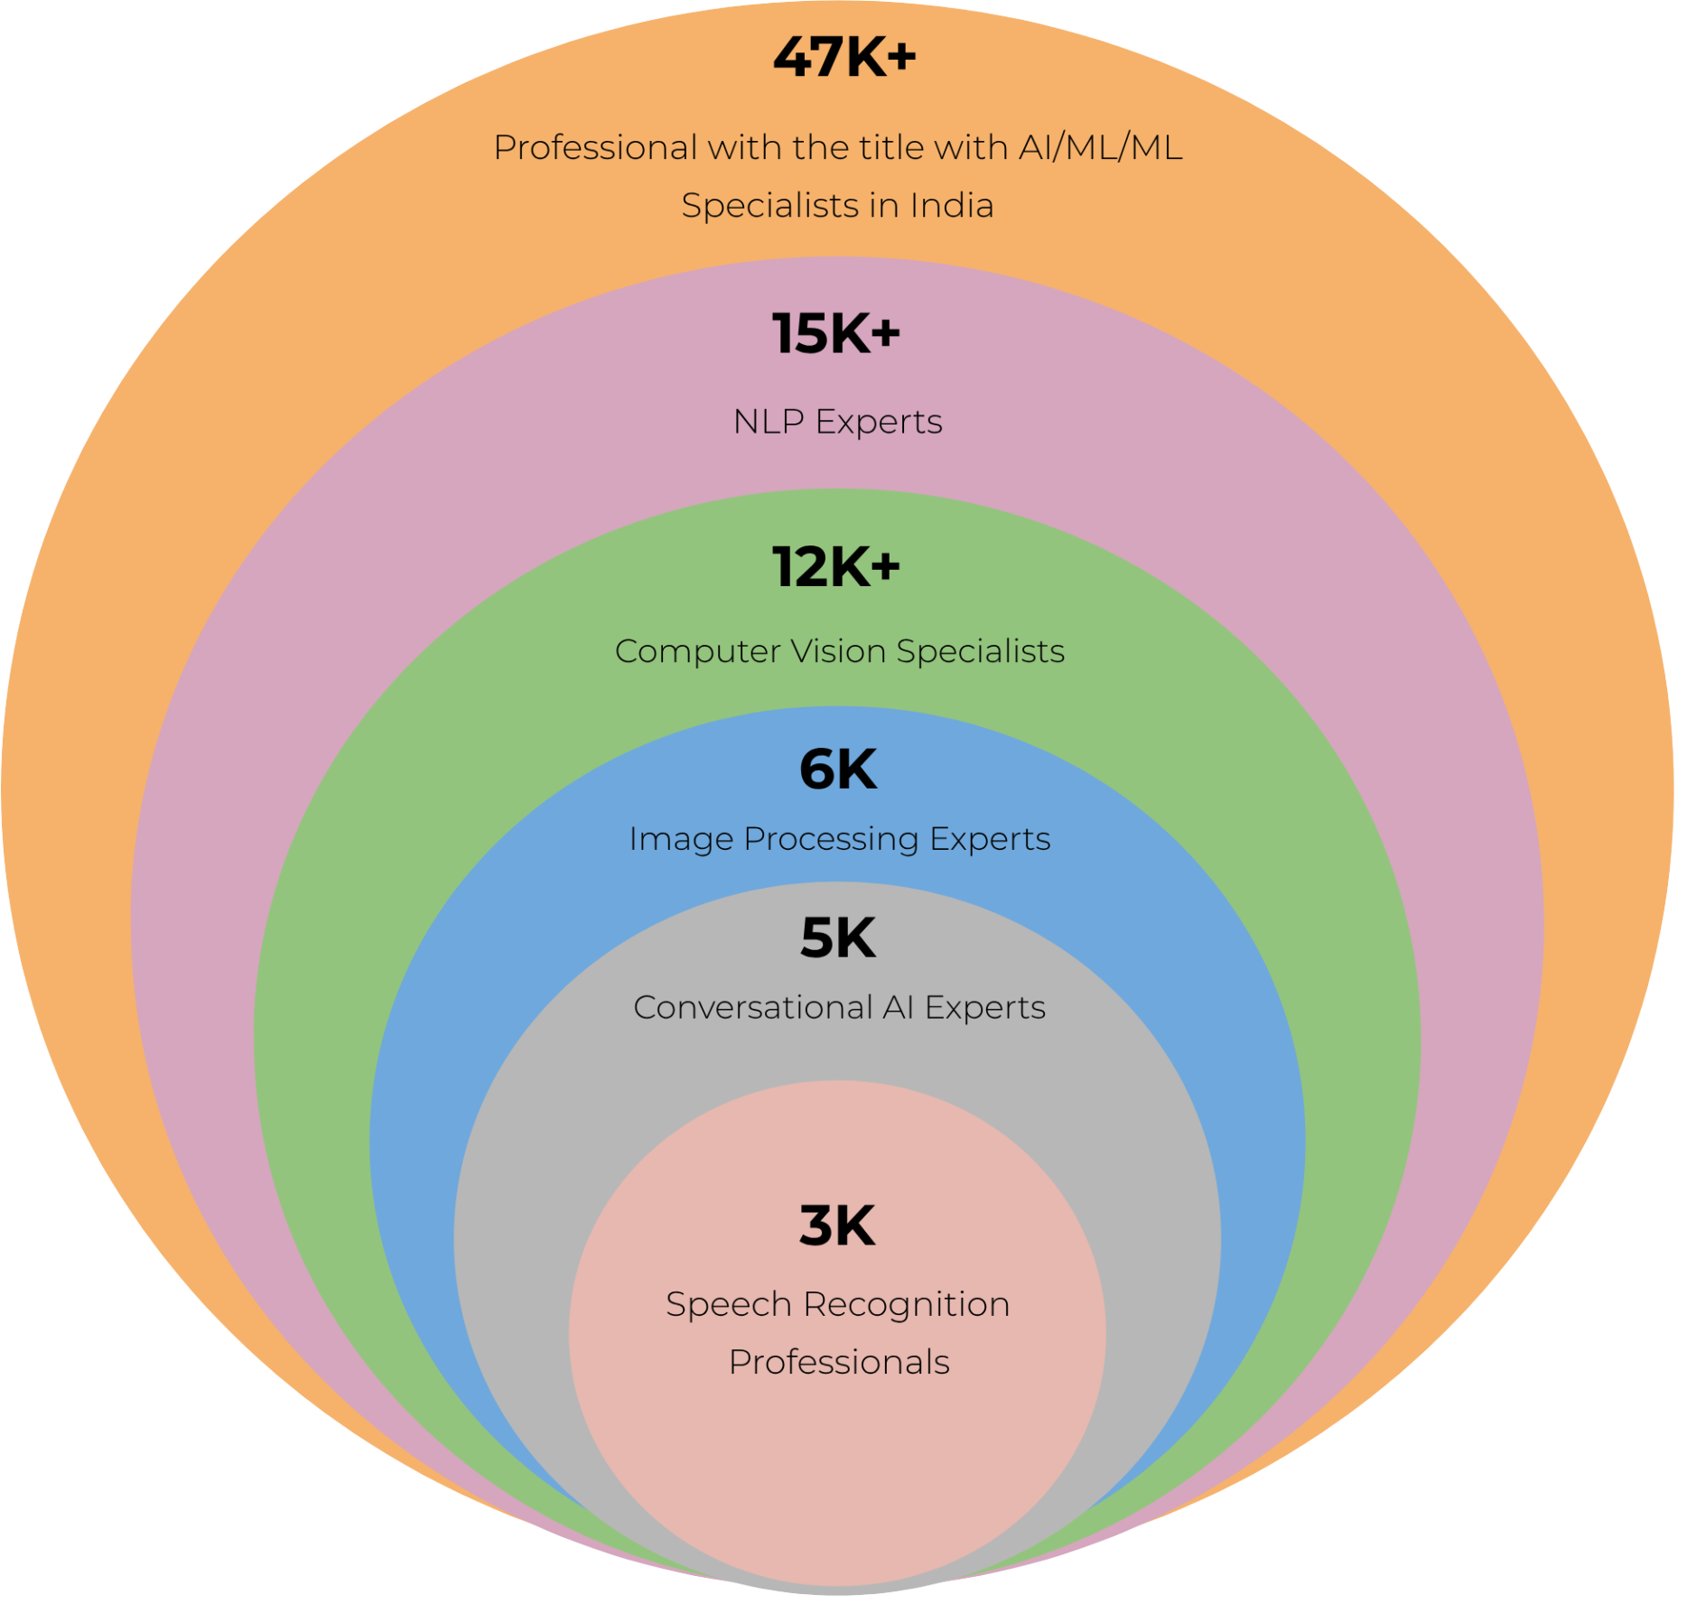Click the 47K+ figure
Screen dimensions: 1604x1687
(844, 57)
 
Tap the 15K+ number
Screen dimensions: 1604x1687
(836, 333)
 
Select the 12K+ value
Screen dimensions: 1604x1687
(836, 567)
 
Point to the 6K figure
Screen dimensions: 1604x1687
(838, 769)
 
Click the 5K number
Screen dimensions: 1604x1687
(838, 937)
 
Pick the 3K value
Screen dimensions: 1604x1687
(837, 1226)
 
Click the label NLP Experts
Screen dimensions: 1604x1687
(838, 422)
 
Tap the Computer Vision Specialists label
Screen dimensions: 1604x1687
(840, 651)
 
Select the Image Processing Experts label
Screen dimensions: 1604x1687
(840, 839)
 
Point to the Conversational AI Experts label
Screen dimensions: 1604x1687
(840, 1007)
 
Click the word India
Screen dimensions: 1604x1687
(952, 206)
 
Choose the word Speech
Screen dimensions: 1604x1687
(729, 1305)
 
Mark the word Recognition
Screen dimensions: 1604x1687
(907, 1305)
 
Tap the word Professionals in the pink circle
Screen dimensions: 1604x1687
(839, 1363)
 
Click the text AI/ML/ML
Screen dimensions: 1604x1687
(1101, 147)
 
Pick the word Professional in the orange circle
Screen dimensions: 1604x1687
(595, 147)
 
